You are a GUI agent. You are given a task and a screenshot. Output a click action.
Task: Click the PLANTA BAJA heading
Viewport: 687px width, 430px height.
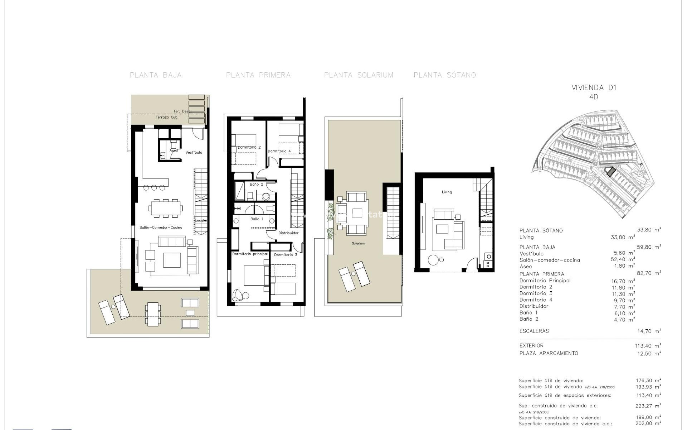click(156, 75)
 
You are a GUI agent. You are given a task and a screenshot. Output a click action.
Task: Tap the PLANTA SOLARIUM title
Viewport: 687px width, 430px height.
click(359, 75)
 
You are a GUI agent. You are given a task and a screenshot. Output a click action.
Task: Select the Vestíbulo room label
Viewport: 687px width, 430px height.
click(194, 153)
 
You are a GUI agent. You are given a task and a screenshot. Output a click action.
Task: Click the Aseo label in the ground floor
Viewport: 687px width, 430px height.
click(174, 150)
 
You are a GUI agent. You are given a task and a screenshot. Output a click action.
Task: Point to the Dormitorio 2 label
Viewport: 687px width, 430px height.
click(249, 148)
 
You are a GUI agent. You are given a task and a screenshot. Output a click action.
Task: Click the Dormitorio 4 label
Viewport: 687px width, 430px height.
click(279, 151)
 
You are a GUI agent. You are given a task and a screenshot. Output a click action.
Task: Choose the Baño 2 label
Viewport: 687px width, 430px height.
click(257, 185)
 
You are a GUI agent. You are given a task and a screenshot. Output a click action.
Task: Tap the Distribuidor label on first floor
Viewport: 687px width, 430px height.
click(288, 233)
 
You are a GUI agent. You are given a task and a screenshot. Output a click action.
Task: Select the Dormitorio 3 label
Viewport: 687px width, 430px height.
click(286, 255)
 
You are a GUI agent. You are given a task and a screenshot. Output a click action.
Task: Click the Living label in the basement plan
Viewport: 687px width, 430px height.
click(447, 192)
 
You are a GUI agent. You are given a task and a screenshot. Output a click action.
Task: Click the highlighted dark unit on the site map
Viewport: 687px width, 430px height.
click(609, 172)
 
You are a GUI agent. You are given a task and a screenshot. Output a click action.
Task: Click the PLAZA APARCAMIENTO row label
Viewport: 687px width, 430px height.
click(549, 353)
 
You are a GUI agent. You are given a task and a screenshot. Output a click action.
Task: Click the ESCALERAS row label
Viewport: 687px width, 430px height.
click(534, 331)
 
